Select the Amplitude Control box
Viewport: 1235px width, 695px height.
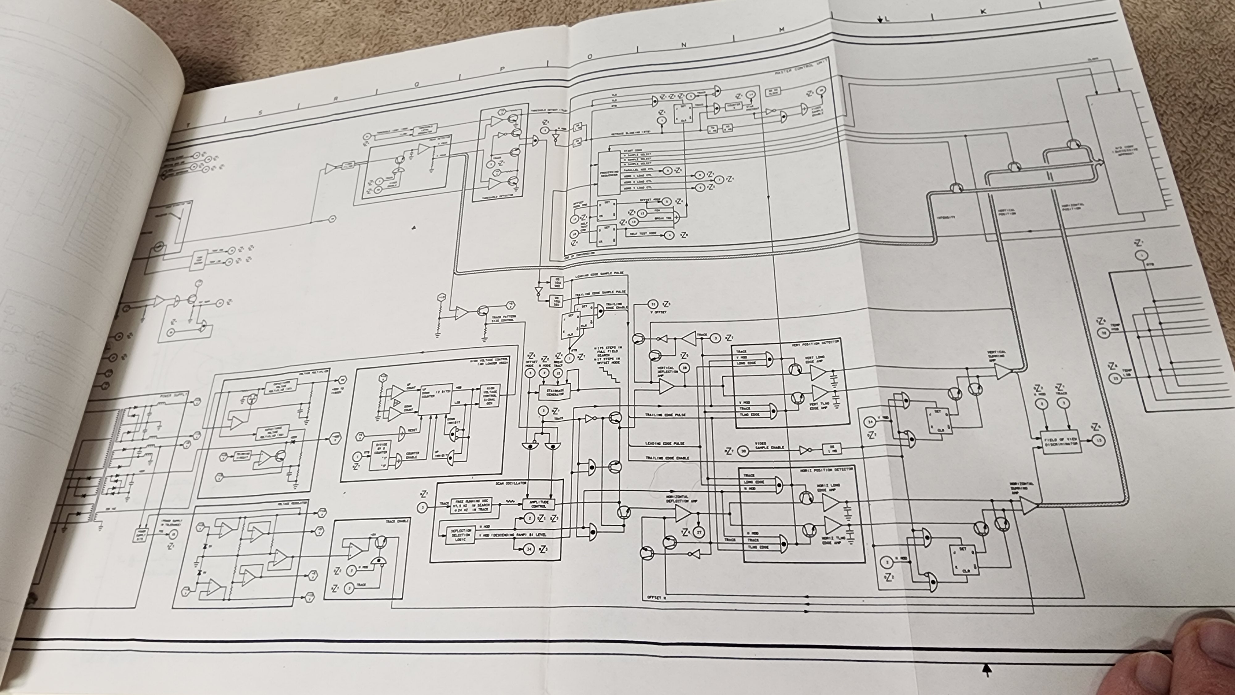(x=538, y=504)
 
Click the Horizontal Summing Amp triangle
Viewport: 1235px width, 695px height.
(x=1028, y=505)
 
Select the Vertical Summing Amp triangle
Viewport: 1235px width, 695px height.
(x=1002, y=372)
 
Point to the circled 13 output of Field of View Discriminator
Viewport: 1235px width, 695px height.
(x=1098, y=440)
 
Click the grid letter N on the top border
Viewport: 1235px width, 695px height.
(x=684, y=45)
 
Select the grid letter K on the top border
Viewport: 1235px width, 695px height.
(x=983, y=11)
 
